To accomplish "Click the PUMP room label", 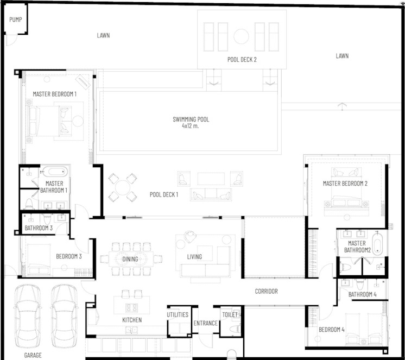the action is tap(16, 20).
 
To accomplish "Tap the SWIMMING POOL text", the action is tap(191, 119).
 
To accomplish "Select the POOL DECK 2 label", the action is tap(242, 60).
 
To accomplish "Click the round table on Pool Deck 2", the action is tap(241, 36).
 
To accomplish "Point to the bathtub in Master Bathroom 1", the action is tap(55, 172).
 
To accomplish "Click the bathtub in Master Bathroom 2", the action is tap(377, 243).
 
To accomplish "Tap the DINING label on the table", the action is tap(130, 259).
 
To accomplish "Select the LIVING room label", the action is tap(194, 257).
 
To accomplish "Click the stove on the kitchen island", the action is tap(131, 307).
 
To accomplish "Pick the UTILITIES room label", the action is tap(178, 314).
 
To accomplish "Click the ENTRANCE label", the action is tap(206, 323).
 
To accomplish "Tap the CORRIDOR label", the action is tap(267, 291).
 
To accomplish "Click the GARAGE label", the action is tap(33, 355).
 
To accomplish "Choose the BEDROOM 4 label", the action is tap(331, 330).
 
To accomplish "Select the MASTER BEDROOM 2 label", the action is tap(345, 184).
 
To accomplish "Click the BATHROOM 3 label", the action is tap(39, 228).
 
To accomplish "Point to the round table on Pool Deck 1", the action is tap(123, 187).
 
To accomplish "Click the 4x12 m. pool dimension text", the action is tap(191, 126).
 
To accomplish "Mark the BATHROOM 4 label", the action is tap(362, 294).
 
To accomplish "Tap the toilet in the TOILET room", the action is tap(235, 329).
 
